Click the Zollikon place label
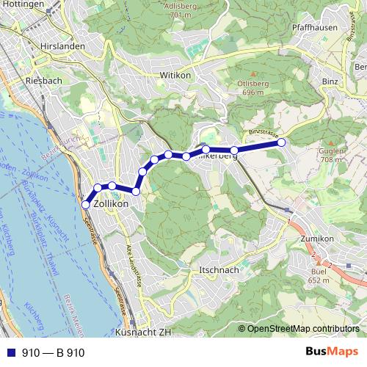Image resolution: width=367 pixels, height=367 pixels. point(112,203)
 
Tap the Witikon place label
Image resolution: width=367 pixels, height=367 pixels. point(175,75)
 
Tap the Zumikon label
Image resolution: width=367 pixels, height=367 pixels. point(317,239)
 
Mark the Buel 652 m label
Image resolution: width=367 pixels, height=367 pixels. point(319,276)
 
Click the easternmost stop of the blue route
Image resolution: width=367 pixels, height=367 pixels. point(280,142)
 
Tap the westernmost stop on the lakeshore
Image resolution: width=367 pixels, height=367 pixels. point(85,205)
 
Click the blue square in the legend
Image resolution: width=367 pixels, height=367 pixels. point(9,352)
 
